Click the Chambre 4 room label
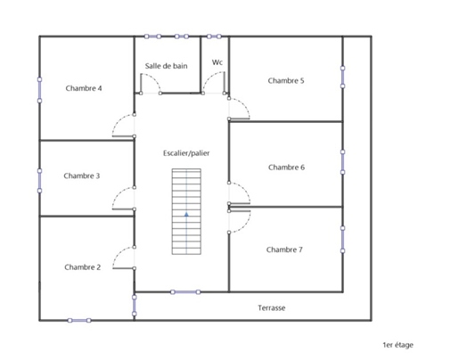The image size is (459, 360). click(x=84, y=88)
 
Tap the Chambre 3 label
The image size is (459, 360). click(x=82, y=176)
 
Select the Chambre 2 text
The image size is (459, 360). click(x=83, y=267)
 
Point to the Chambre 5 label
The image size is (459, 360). click(x=286, y=80)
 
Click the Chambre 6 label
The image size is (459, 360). click(x=286, y=168)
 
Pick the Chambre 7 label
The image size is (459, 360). click(x=284, y=250)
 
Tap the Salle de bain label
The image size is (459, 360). click(x=166, y=66)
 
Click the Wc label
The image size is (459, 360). click(x=217, y=62)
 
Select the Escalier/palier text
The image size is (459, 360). click(x=186, y=153)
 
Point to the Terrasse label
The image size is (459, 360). click(x=272, y=308)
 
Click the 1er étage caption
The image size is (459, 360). click(x=398, y=345)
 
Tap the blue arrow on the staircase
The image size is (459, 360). click(x=186, y=214)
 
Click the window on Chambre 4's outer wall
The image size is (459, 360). click(x=39, y=90)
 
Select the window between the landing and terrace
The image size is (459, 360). click(x=185, y=292)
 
